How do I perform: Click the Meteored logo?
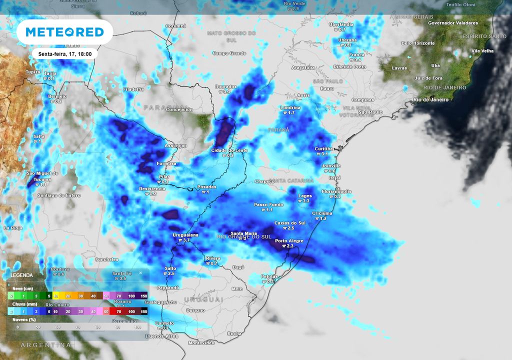click(64, 32)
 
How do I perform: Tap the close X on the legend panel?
click(140, 273)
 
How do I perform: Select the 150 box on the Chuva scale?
click(143, 311)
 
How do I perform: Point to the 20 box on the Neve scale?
click(67, 296)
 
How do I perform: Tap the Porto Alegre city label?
click(289, 241)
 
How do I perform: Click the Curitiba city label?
click(324, 149)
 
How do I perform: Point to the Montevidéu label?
click(201, 342)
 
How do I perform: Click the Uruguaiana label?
click(185, 234)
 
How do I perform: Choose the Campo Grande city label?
click(230, 53)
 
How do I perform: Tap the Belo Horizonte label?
click(419, 43)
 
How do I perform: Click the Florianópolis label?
click(337, 191)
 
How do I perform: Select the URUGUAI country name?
click(203, 299)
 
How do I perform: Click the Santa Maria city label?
click(243, 233)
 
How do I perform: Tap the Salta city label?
click(38, 136)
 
